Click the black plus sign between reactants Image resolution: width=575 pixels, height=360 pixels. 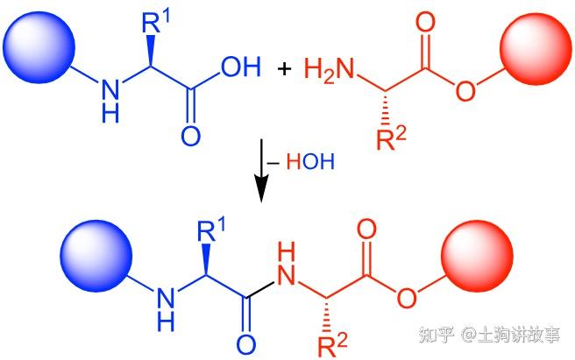(284, 68)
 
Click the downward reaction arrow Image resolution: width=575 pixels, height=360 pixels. (260, 175)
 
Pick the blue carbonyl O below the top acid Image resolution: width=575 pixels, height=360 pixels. (190, 137)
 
